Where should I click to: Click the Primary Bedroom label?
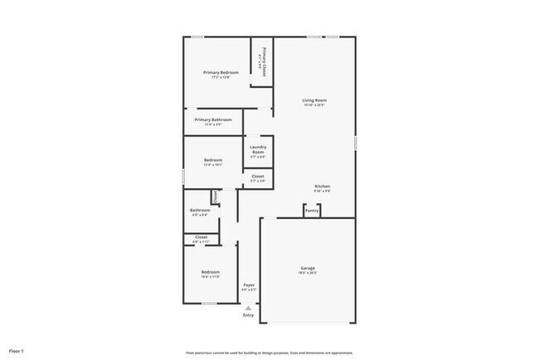coord(221,73)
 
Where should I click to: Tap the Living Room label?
coord(314,100)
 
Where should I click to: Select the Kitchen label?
coord(323,187)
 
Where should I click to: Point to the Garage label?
coord(308,268)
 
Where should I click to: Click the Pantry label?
coord(312,211)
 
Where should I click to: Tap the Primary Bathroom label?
coord(213,119)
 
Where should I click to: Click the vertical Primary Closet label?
coord(264,61)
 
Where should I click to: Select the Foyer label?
coord(249,285)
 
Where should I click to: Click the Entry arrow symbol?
coord(248,308)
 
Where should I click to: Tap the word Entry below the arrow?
coord(249,315)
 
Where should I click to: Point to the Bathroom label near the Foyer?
coord(200,210)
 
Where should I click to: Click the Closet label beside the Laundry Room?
coord(258,176)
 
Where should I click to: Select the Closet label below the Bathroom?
coord(201,237)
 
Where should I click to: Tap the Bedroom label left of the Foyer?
coord(210,272)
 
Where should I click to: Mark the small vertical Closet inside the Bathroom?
coord(215,197)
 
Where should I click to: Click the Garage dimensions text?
coord(308,273)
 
